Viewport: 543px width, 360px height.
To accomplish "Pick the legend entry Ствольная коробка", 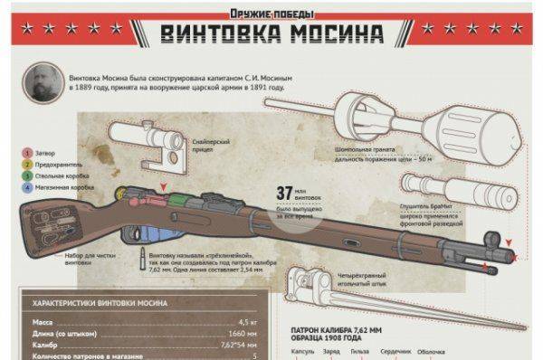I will [x=58, y=176].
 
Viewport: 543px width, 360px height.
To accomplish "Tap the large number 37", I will [x=285, y=193].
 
